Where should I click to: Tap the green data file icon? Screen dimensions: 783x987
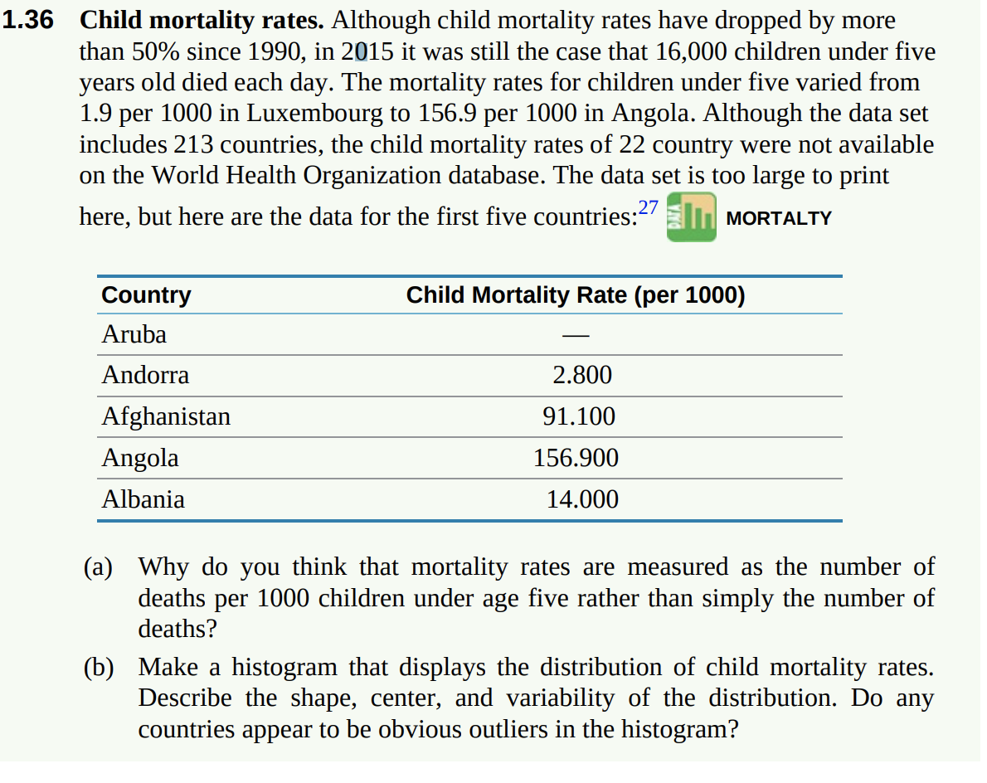(x=691, y=217)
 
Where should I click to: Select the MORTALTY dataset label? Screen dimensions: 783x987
(x=778, y=218)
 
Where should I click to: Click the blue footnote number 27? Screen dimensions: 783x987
(x=648, y=208)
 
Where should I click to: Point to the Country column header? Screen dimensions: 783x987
(x=146, y=295)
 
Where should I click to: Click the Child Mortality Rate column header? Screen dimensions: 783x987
(x=575, y=295)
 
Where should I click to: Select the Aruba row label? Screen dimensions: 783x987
(x=134, y=335)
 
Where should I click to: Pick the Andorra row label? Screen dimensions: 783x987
(x=145, y=376)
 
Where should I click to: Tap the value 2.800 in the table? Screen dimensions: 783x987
(x=581, y=376)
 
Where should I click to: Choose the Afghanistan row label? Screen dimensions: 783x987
(x=166, y=416)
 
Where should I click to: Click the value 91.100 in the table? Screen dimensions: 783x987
(x=578, y=416)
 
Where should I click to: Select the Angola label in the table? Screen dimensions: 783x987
(x=139, y=458)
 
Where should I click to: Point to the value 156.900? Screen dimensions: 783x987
(x=576, y=458)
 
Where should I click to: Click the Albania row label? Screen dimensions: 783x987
(x=143, y=499)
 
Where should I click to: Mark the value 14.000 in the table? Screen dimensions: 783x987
(x=581, y=499)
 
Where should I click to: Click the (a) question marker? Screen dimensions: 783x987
(x=99, y=567)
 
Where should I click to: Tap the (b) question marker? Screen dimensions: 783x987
(x=100, y=668)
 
